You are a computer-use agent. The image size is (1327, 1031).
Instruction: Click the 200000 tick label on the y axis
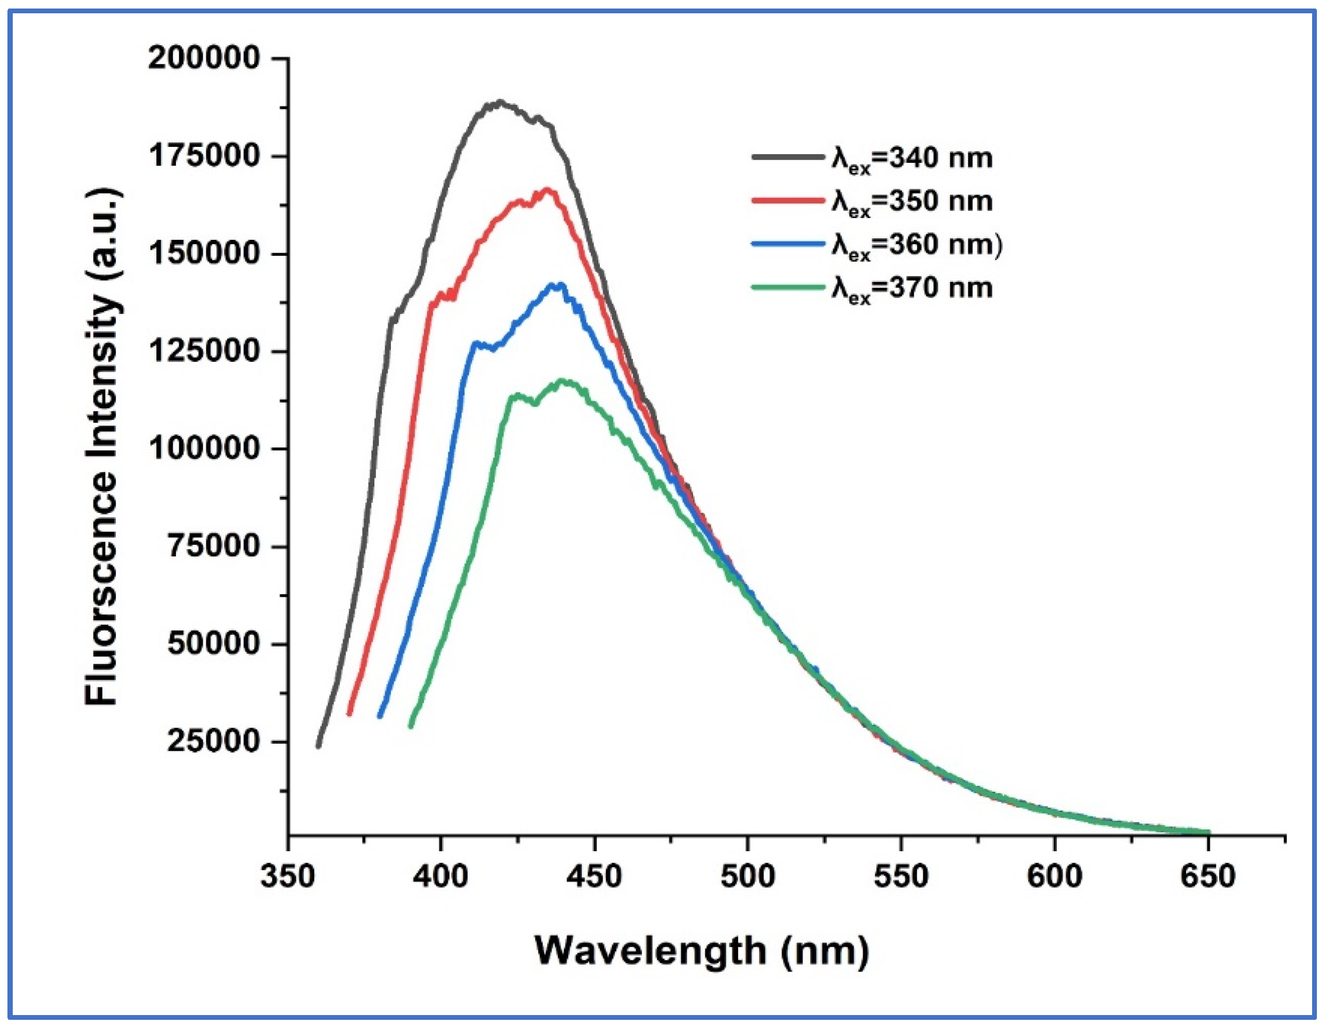(204, 59)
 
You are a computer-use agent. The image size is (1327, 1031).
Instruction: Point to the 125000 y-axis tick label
(204, 351)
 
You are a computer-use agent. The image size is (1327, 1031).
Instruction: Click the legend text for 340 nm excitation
(912, 159)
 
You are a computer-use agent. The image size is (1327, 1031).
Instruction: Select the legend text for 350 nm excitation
(912, 203)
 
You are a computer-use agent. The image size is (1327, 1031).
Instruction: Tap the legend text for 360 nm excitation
(916, 246)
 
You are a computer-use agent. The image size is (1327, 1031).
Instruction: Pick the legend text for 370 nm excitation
(912, 289)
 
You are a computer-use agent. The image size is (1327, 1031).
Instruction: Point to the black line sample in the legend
(788, 157)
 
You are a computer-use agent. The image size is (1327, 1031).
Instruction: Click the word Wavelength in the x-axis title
(650, 951)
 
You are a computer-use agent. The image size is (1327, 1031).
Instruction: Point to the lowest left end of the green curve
(411, 726)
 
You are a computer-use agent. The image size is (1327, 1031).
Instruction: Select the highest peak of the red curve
(547, 190)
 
